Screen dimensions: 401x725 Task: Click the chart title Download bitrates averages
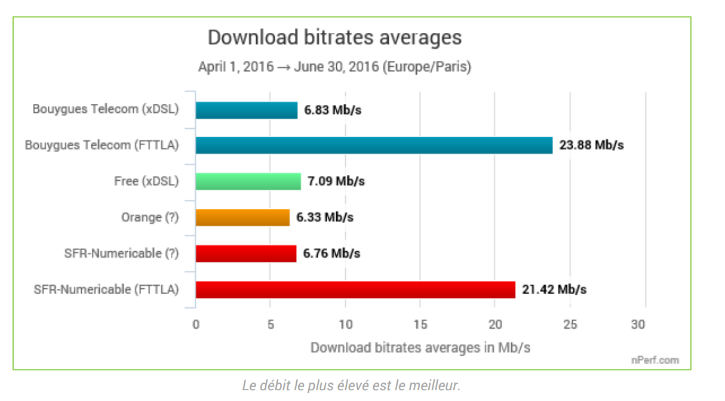click(x=334, y=38)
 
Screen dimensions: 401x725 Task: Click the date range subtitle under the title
click(x=334, y=67)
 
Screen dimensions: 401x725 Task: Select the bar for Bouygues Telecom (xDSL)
click(x=246, y=110)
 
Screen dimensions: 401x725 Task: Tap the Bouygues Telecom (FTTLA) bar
click(x=374, y=146)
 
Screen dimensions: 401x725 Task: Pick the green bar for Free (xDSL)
click(x=248, y=181)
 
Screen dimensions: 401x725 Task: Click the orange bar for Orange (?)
click(x=242, y=217)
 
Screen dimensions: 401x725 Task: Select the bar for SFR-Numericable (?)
click(x=245, y=254)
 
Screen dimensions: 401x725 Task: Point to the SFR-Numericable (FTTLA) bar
click(x=355, y=289)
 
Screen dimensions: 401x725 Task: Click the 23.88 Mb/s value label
click(x=591, y=146)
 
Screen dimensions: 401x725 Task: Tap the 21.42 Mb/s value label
click(x=554, y=290)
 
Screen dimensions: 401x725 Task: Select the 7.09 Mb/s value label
click(x=336, y=181)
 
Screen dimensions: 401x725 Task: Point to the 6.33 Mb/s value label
click(x=325, y=218)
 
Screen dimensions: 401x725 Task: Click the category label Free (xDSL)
click(x=146, y=181)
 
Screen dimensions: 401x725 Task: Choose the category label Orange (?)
click(x=150, y=218)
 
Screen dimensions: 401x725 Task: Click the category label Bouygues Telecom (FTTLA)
click(x=102, y=146)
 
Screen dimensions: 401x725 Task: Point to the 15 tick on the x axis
click(x=420, y=325)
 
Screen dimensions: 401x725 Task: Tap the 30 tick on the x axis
click(x=638, y=325)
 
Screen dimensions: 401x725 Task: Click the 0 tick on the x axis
click(x=196, y=325)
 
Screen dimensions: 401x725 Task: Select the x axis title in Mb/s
click(x=420, y=347)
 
